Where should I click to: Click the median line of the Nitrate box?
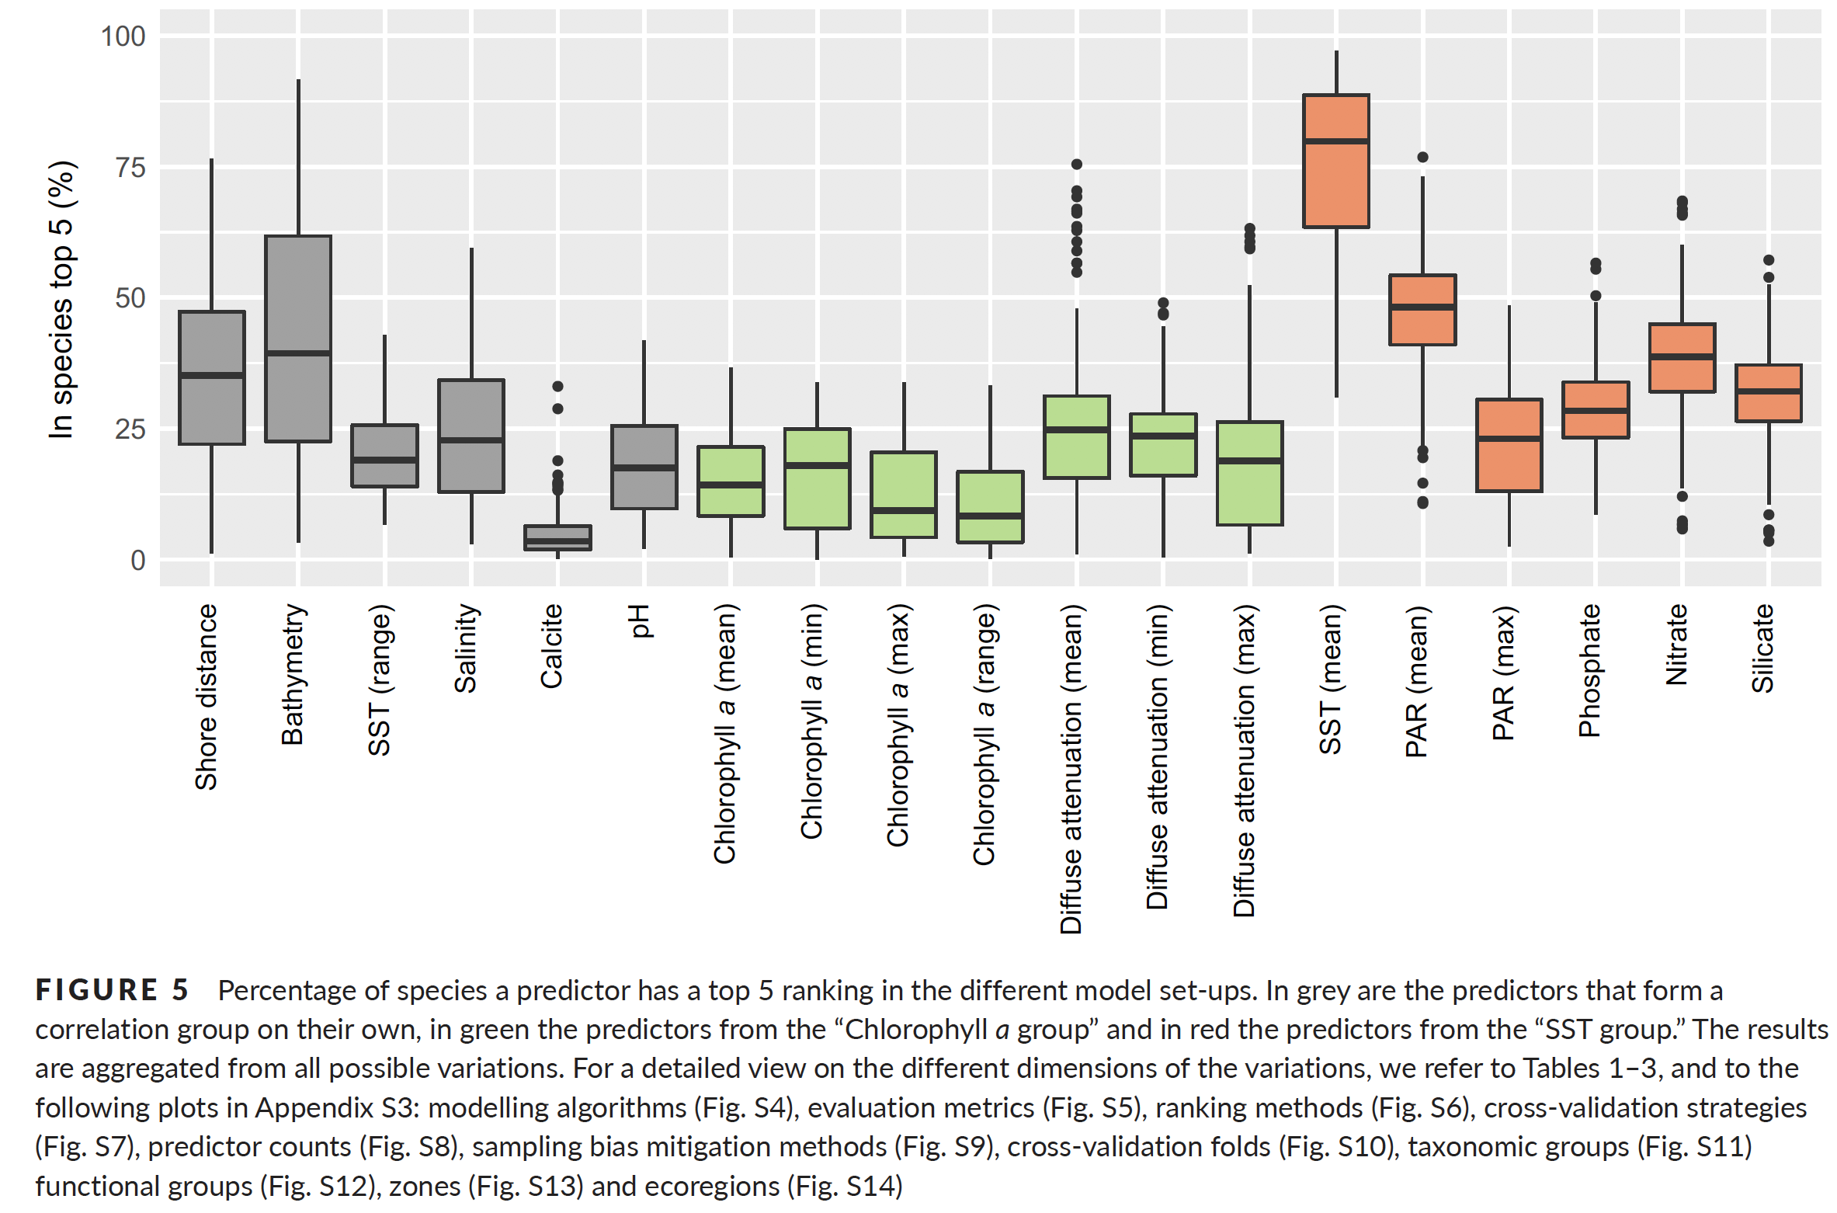tap(1682, 356)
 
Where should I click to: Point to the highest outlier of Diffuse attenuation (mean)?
tap(1077, 165)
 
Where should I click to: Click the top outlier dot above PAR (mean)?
tap(1422, 157)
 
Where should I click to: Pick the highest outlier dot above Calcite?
tap(557, 386)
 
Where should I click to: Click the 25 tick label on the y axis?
tap(130, 429)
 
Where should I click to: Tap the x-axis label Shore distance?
tap(206, 697)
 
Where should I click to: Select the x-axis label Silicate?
tap(1762, 648)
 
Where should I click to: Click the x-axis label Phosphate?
tap(1589, 669)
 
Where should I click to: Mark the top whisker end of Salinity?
tap(471, 249)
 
